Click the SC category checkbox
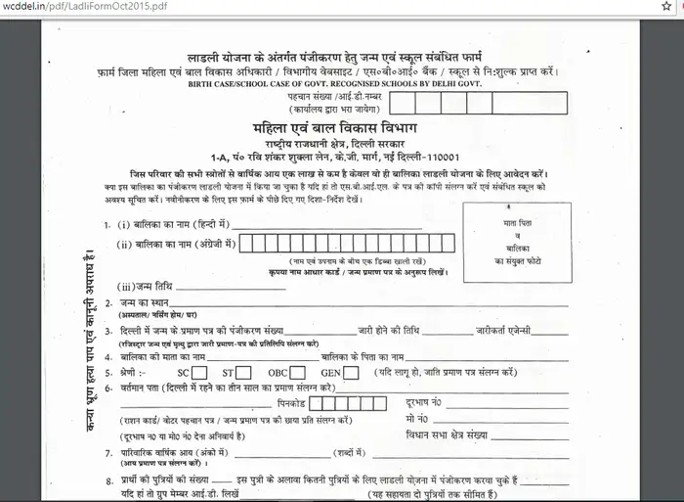tap(200, 373)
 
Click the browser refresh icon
tap(671, 7)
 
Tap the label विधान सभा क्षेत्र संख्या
tap(445, 434)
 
